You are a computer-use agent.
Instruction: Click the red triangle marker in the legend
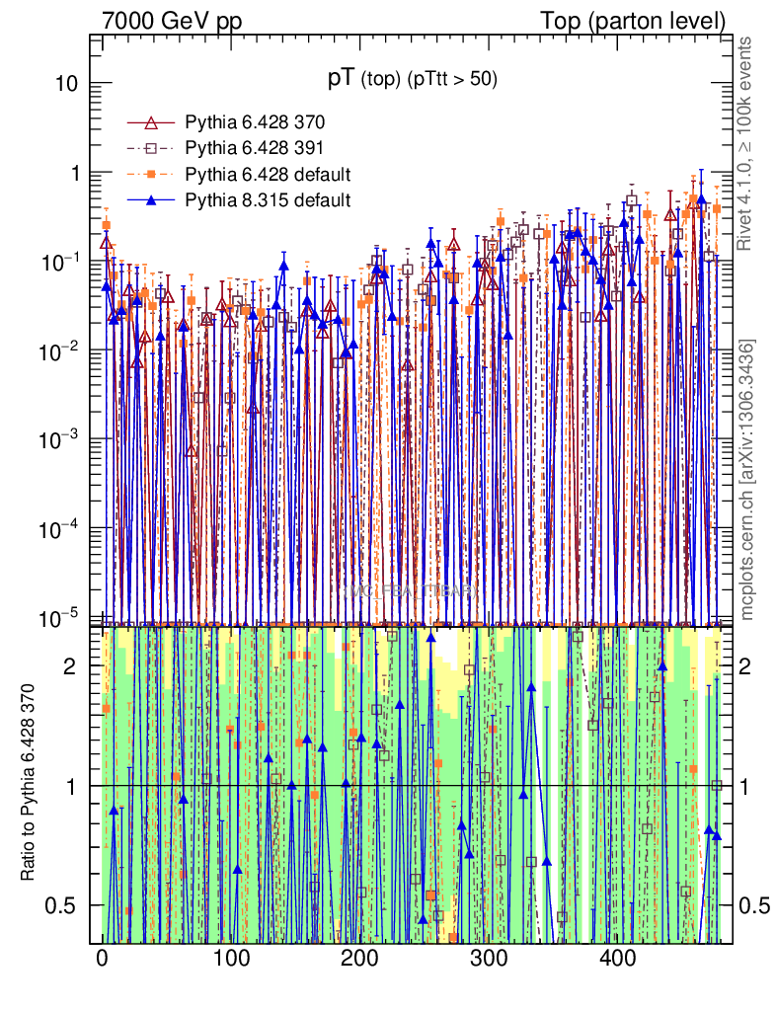coord(151,123)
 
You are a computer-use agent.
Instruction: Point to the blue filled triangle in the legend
coord(151,201)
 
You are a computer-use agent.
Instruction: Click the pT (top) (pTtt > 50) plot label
coord(412,80)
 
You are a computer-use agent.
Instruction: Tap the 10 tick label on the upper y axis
coord(67,84)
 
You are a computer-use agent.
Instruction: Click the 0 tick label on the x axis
coord(102,959)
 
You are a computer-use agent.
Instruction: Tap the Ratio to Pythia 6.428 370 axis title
coord(31,785)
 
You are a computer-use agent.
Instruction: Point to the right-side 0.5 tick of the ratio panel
coord(755,905)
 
